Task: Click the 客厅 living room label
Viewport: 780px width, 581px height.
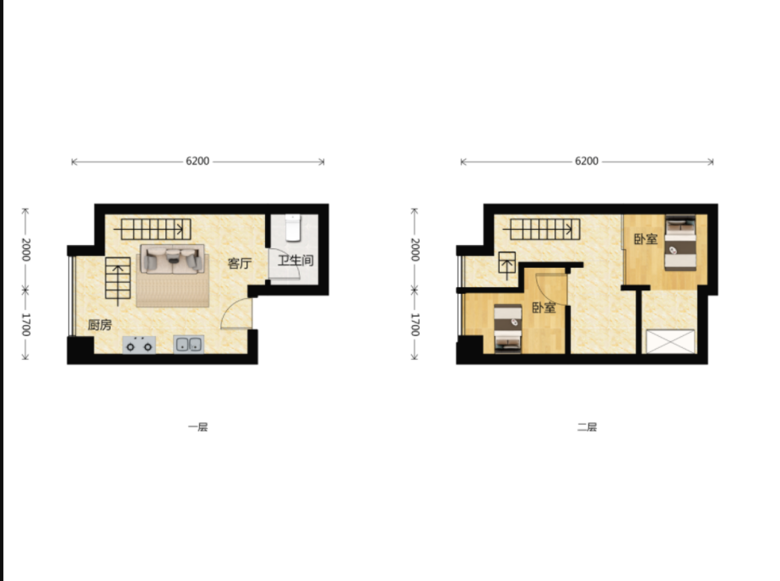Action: [239, 263]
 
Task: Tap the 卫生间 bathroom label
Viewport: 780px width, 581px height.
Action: [295, 261]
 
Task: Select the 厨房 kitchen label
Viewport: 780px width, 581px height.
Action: [100, 325]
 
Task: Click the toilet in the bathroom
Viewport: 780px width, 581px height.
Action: [293, 228]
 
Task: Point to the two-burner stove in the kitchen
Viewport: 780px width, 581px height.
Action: [139, 345]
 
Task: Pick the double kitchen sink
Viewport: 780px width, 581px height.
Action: [189, 344]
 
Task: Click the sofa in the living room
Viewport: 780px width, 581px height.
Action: [172, 259]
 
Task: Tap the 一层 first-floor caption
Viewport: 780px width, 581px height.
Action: [198, 427]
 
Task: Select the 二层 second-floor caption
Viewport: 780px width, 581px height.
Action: [587, 427]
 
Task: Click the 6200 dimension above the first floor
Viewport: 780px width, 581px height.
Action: [198, 161]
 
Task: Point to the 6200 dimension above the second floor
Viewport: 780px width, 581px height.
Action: [586, 161]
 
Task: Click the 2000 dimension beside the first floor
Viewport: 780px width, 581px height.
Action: [26, 250]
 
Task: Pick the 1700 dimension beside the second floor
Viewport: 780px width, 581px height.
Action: [415, 325]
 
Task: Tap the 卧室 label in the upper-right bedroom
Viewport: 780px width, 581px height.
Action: [646, 239]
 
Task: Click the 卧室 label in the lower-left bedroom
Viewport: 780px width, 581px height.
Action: [544, 308]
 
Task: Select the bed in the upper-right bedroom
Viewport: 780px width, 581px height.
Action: [680, 243]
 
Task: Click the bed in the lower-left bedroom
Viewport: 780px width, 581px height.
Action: [508, 328]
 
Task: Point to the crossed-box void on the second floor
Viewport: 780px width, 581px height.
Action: [671, 341]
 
